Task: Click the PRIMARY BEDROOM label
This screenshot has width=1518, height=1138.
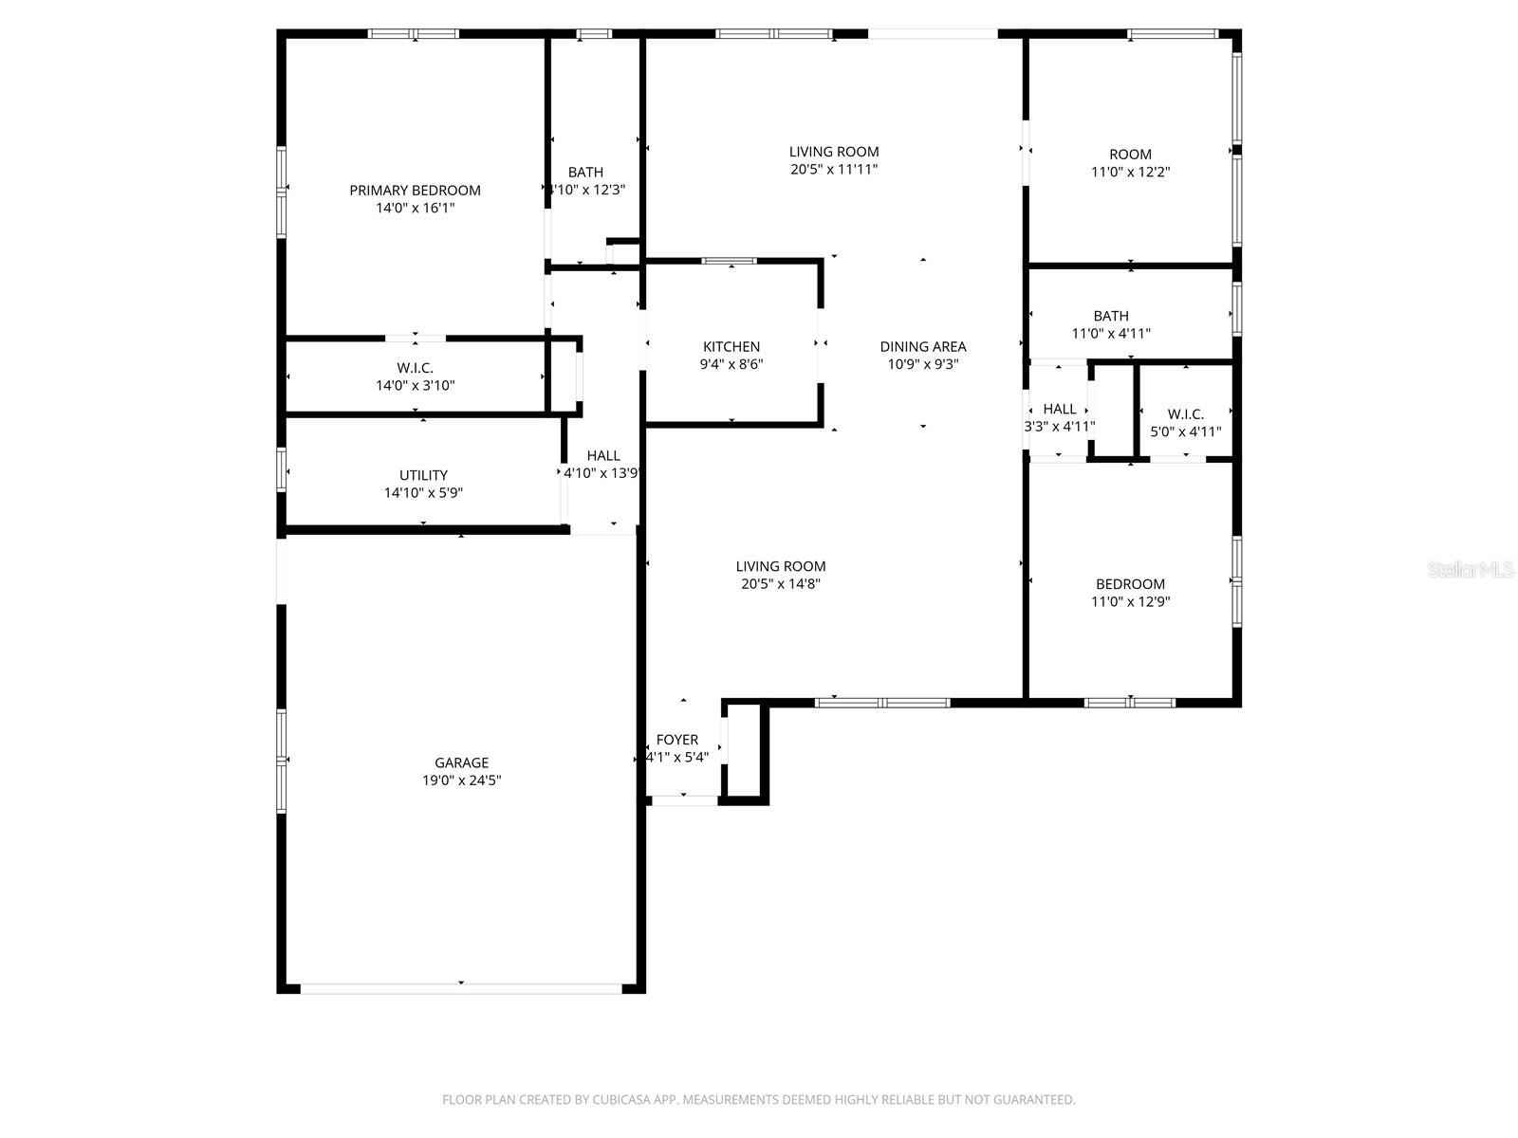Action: coord(415,191)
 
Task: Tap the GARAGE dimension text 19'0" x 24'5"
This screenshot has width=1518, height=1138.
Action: coord(461,780)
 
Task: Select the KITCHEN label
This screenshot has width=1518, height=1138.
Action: coord(731,347)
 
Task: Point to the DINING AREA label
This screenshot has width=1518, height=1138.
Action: coord(922,347)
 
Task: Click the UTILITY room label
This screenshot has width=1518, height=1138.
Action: coord(423,475)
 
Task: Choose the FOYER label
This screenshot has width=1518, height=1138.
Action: coord(676,740)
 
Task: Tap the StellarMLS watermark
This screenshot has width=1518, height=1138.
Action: coord(1471,569)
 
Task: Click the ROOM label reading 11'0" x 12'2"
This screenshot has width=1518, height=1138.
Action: coord(1130,155)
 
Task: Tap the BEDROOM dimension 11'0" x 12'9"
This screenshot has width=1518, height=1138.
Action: coord(1130,601)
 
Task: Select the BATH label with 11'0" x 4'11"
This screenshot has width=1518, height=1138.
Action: coord(1110,316)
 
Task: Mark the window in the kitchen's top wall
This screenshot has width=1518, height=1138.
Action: coord(729,261)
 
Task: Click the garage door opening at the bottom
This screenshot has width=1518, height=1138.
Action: coord(461,988)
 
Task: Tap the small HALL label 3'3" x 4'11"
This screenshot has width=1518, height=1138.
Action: coord(1059,410)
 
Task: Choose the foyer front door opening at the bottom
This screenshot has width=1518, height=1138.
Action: coord(684,800)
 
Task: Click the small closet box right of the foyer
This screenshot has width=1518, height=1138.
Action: coord(745,750)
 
